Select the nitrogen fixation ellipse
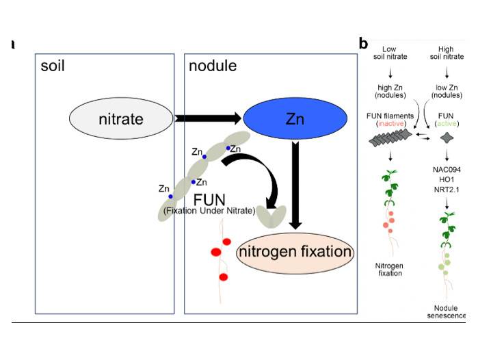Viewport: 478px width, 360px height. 295,252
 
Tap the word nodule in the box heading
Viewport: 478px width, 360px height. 213,66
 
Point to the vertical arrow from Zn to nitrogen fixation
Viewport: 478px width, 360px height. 295,185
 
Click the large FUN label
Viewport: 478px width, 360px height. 209,199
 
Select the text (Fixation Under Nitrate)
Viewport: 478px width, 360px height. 209,210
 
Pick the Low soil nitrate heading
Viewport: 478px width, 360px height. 390,53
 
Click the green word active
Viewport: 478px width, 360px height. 445,124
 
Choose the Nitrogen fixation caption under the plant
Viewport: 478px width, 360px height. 388,268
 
